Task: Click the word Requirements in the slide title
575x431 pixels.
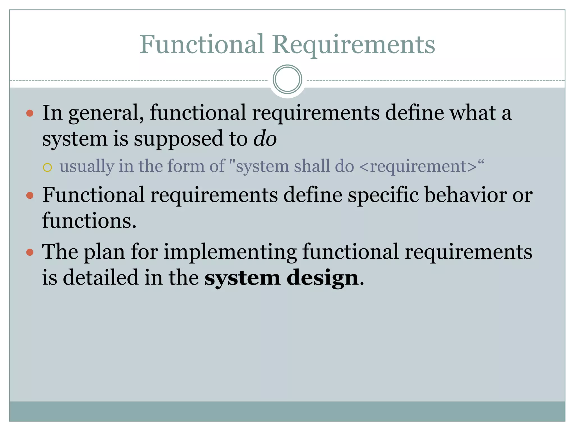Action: coord(353,45)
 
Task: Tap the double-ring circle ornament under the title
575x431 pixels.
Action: coord(287,79)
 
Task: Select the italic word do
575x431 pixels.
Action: coord(265,138)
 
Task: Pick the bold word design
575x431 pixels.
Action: coord(323,278)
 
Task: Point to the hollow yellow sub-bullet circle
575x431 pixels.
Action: coord(47,168)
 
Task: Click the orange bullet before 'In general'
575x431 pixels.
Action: coord(30,113)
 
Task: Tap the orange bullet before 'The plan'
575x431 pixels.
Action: coord(30,252)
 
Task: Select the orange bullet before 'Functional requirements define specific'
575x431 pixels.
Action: coord(30,195)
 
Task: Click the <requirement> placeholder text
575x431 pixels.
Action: coord(418,166)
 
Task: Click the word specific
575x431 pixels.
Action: coord(383,195)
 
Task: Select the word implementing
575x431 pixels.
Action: coord(230,252)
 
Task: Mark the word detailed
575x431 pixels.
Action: coord(100,278)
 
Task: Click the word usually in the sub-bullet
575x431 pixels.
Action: coord(87,166)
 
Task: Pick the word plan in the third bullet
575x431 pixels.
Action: coord(104,252)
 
